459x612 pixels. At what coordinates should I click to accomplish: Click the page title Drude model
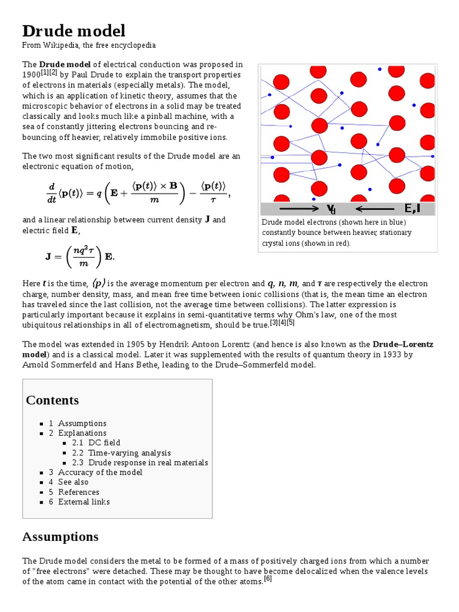(x=74, y=31)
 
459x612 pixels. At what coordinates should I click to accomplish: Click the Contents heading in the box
(x=52, y=400)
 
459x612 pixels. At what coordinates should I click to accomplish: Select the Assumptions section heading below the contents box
(x=60, y=537)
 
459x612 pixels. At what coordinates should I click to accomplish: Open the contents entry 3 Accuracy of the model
(x=96, y=472)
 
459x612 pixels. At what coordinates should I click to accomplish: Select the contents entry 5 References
(x=74, y=492)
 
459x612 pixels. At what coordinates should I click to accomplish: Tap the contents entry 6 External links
(x=79, y=502)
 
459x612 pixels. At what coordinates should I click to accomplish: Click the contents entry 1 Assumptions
(x=78, y=423)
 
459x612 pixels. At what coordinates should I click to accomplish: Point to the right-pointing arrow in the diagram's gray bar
(x=299, y=209)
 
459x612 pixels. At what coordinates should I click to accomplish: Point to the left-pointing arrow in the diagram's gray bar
(x=374, y=209)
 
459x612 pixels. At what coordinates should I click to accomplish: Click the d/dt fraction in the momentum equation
(x=50, y=193)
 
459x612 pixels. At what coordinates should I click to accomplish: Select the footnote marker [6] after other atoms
(x=268, y=579)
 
